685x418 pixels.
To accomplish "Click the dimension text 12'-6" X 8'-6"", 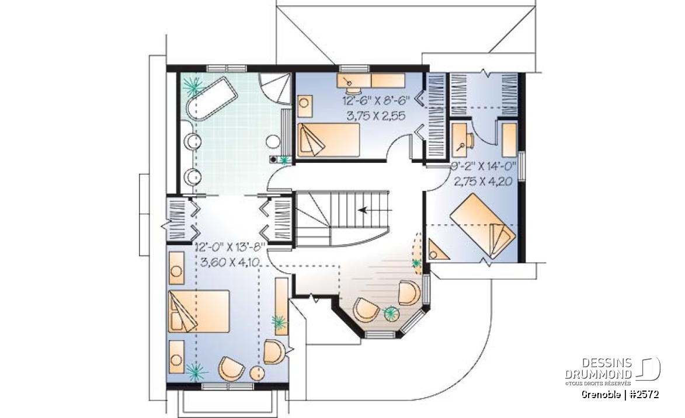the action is (x=376, y=101).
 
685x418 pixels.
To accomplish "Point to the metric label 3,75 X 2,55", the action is (x=376, y=116).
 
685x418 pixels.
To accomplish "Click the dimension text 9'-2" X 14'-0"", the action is (x=484, y=166).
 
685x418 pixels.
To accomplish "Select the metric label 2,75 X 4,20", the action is (x=483, y=181).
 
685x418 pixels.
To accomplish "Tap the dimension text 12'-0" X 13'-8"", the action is (x=231, y=247).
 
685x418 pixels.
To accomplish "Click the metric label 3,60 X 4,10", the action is (x=230, y=262).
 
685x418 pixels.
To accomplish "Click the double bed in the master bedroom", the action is (x=199, y=311).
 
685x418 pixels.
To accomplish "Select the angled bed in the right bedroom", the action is (x=483, y=225).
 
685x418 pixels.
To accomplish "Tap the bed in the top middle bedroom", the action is (x=328, y=140).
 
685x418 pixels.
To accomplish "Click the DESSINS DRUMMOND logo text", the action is (x=599, y=369).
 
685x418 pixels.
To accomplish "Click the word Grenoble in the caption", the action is (x=601, y=395).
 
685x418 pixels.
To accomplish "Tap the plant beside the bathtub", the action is (x=193, y=86).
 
